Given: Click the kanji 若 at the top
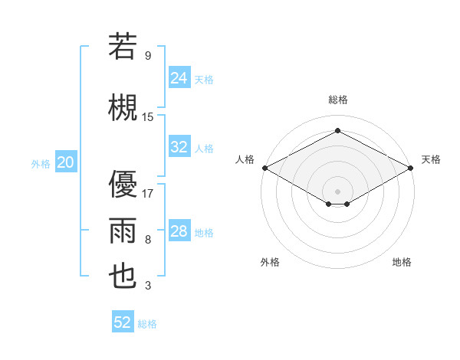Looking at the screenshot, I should coord(123,47).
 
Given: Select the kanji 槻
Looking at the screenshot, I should coord(123,108).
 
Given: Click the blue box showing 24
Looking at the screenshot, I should coord(179,78).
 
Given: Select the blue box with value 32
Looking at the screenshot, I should coord(179,147).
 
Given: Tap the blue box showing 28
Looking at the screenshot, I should coord(179,232).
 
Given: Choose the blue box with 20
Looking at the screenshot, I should coord(66,162).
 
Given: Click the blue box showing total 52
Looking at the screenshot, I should coord(123,322).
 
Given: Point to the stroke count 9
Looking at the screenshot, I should coord(147,56).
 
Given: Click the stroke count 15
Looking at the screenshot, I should coord(148,117).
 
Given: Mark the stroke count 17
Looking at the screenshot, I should coord(148,193).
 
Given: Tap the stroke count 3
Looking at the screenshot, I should coord(147,286).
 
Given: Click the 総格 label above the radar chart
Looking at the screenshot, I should coord(337,100).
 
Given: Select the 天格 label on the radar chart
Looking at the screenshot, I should coord(431,159).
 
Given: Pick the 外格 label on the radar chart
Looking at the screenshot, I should coord(270,262).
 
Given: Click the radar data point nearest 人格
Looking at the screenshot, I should coord(264,167).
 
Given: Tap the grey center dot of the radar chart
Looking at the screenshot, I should coord(337,190).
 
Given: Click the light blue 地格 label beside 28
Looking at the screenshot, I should coord(204,233).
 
